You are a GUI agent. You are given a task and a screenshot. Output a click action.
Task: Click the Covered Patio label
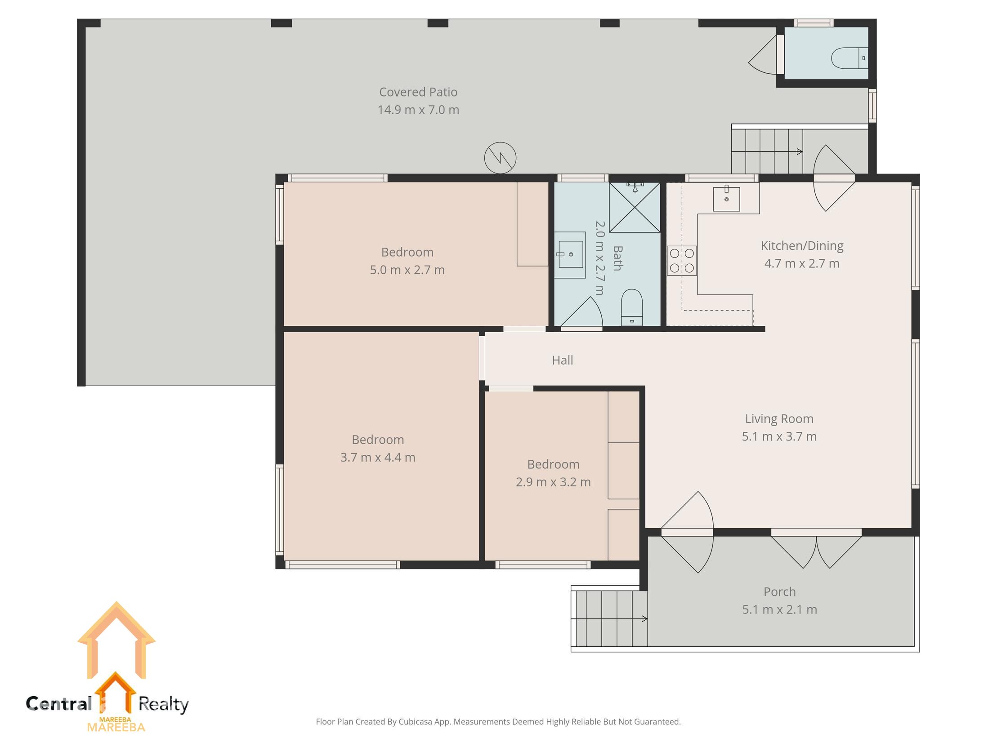418,92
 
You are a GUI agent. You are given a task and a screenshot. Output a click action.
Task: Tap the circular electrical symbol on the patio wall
500,158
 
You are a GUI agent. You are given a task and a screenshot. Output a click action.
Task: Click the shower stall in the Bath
634,208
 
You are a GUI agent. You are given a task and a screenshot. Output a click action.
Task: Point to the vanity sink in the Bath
570,254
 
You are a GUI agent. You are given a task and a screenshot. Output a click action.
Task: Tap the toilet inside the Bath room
631,307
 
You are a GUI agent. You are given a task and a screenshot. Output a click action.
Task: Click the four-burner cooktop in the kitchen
681,260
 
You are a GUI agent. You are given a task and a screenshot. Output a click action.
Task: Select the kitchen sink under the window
726,199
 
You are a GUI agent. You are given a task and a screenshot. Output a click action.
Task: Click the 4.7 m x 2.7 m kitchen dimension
801,263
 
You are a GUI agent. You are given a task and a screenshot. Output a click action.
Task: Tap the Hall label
562,360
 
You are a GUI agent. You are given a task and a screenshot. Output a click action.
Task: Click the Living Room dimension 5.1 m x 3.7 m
779,436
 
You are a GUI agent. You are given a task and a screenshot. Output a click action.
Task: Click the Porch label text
779,591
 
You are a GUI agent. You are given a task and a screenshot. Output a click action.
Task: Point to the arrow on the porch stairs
644,618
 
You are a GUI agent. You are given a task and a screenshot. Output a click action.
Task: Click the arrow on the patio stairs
799,151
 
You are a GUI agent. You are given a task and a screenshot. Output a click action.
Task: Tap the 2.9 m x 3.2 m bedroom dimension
553,482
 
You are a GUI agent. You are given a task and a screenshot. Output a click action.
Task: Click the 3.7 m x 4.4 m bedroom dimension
378,457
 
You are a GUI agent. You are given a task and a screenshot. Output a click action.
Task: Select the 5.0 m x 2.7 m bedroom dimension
407,270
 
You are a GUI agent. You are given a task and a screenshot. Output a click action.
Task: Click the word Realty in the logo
163,704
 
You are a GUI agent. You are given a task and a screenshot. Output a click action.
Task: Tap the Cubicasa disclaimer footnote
498,722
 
